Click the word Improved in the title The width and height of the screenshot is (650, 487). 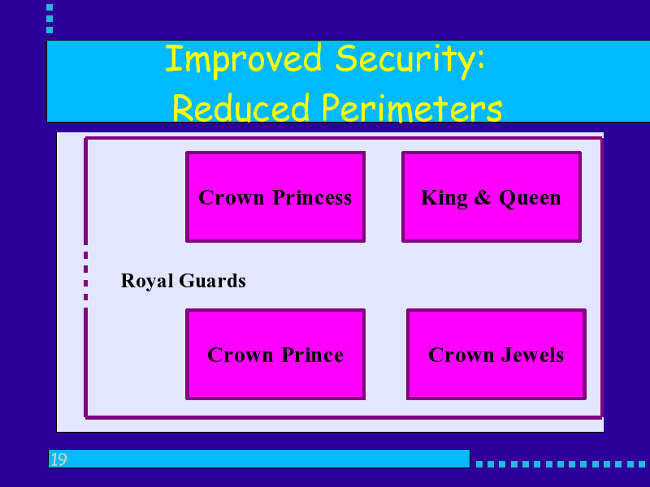243,60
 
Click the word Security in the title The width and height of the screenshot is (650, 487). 405,60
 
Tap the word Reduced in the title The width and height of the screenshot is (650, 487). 240,107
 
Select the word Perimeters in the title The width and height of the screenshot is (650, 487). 412,109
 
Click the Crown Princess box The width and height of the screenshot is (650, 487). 275,196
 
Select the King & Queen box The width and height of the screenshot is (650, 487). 492,196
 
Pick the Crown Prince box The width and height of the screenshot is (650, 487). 275,354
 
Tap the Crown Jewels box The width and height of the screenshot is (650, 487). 496,354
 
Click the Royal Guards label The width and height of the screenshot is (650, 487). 184,281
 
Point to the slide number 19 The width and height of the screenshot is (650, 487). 58,459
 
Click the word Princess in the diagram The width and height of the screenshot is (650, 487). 312,197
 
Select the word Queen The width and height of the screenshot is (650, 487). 530,198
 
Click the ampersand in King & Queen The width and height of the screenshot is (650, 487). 483,197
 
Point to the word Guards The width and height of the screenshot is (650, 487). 212,281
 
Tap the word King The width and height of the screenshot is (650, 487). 444,198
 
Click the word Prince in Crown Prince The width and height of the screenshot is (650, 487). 313,355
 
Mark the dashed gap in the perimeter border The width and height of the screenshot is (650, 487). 86,276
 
